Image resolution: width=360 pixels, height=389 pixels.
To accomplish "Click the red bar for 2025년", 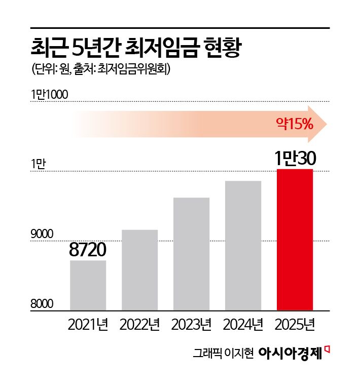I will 295,239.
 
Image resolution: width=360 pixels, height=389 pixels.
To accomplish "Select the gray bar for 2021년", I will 88,285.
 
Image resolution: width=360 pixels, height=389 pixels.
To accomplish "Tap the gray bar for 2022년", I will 139,269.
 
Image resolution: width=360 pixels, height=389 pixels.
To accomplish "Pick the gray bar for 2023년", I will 191,253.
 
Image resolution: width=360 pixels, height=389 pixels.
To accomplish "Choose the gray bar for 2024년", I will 243,245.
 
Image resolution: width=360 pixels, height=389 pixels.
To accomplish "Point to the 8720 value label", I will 88,250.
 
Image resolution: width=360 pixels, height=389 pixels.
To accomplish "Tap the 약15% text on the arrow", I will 294,123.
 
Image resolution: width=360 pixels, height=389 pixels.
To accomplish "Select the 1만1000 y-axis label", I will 49,94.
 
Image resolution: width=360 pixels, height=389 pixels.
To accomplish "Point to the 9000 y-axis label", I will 42,235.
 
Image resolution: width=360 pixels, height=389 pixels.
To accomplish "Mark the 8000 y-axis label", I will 42,304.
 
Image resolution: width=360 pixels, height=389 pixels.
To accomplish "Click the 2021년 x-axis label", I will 88,324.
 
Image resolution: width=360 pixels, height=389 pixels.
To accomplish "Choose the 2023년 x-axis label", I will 191,324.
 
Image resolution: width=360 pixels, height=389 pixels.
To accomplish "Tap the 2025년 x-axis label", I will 295,324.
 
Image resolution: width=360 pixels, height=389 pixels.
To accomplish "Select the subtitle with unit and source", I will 100,69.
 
